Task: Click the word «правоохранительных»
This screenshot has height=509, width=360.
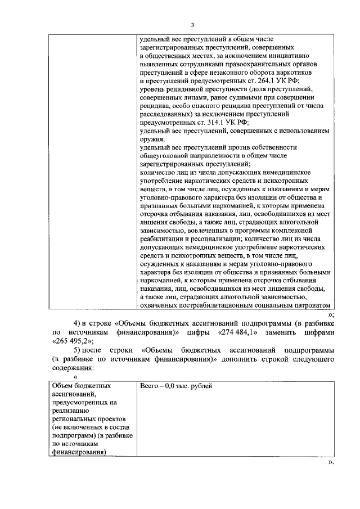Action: pos(250,64)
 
